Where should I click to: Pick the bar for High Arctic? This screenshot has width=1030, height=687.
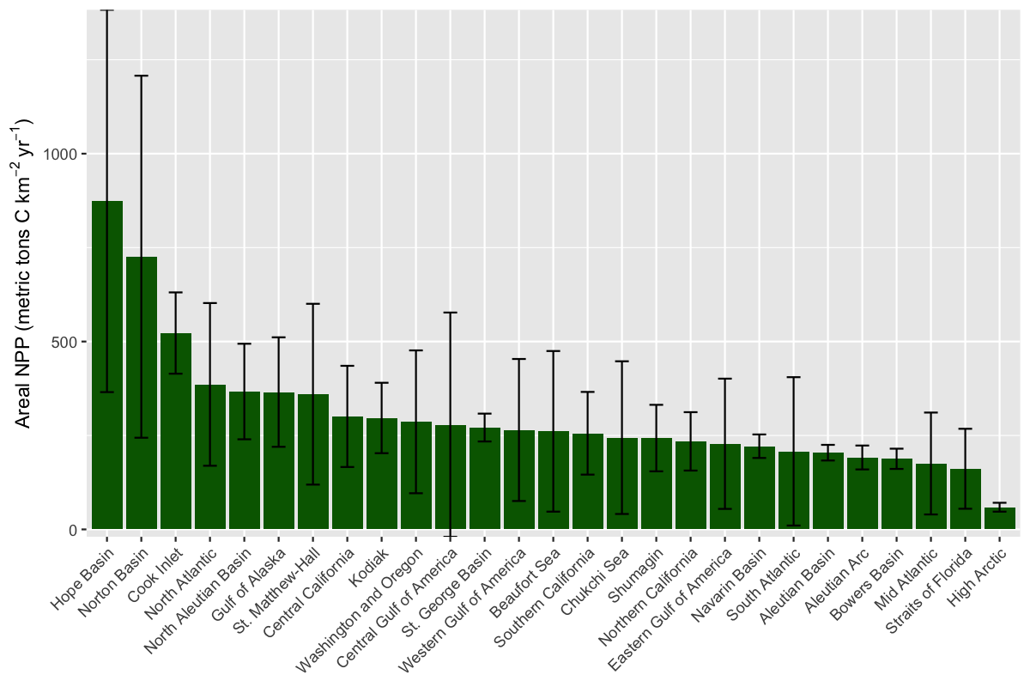pos(1000,519)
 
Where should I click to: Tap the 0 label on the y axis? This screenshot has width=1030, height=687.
pos(73,530)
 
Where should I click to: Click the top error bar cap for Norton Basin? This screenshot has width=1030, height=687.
pos(142,76)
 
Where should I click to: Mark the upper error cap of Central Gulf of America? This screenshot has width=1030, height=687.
pos(451,313)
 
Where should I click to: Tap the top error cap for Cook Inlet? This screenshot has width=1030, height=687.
pos(176,292)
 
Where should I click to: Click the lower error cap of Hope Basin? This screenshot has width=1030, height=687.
pos(107,392)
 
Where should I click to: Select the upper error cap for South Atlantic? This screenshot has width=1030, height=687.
pos(794,377)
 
